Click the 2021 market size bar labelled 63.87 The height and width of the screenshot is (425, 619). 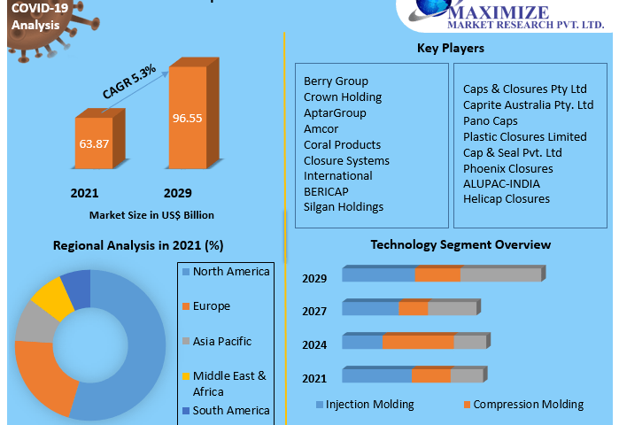pyautogui.click(x=93, y=143)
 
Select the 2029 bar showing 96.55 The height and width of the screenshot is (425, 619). pyautogui.click(x=187, y=117)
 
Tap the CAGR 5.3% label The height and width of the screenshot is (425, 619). pyautogui.click(x=129, y=82)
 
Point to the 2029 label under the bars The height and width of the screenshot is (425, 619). pyautogui.click(x=178, y=193)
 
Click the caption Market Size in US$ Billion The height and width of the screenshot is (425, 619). pyautogui.click(x=151, y=215)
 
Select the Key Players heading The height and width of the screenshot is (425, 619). pyautogui.click(x=450, y=48)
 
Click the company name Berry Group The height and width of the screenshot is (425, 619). pyautogui.click(x=336, y=81)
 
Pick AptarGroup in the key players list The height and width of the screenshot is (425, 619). pyautogui.click(x=335, y=112)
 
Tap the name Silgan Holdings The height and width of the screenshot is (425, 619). pyautogui.click(x=344, y=207)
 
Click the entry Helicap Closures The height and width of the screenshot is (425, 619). pyautogui.click(x=507, y=199)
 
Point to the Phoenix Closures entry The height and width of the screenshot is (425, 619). pyautogui.click(x=508, y=168)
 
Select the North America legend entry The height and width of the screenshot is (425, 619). pyautogui.click(x=230, y=272)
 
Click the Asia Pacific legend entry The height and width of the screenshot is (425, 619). pyautogui.click(x=221, y=342)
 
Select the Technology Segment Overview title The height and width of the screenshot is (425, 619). pyautogui.click(x=460, y=244)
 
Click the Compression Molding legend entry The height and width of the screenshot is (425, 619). pyautogui.click(x=528, y=405)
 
